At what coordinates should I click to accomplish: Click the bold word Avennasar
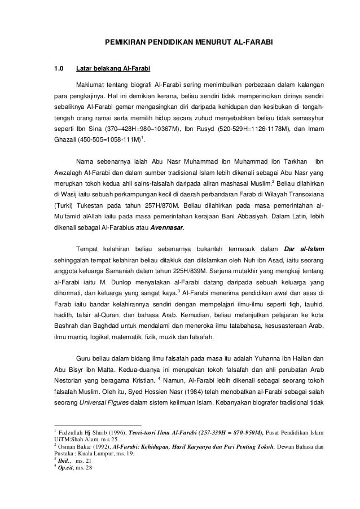(x=168, y=228)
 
